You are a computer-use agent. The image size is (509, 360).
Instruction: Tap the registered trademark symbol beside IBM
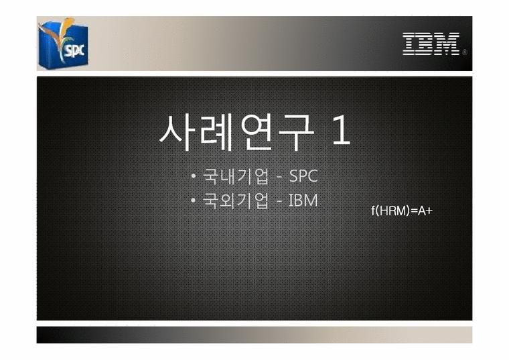pos(465,52)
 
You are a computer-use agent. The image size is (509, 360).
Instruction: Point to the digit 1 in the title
pos(341,132)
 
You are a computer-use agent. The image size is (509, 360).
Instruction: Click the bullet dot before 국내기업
pos(192,177)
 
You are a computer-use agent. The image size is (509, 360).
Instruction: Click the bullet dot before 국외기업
pos(192,200)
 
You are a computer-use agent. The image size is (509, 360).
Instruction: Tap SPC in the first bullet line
pos(303,177)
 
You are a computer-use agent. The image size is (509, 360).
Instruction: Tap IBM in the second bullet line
pos(303,200)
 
